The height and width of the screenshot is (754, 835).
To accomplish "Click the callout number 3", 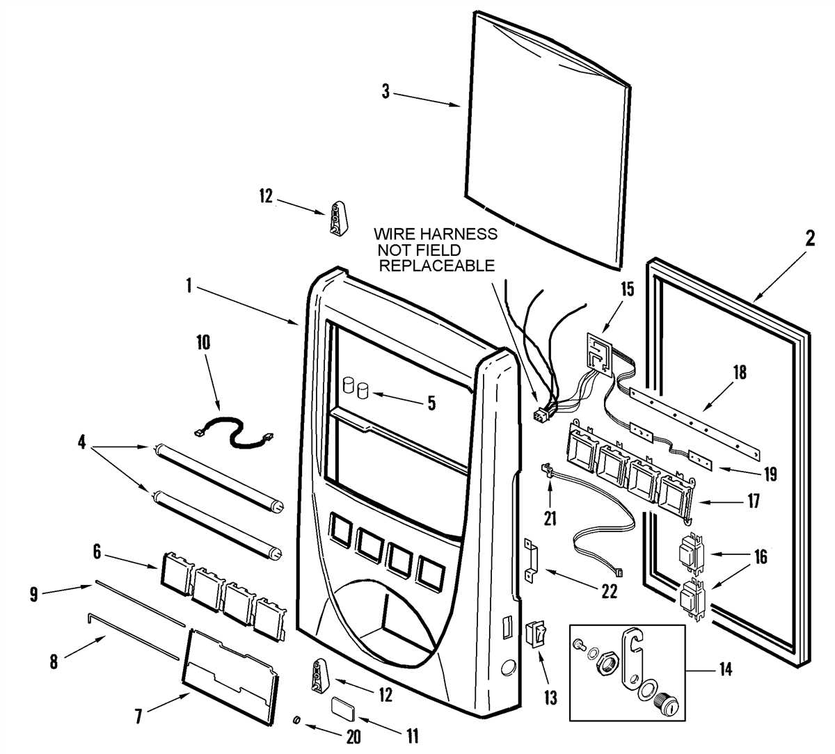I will tap(385, 91).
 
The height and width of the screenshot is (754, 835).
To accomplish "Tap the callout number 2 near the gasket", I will tap(809, 238).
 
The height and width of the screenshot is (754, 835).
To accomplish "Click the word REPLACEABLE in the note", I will tap(436, 266).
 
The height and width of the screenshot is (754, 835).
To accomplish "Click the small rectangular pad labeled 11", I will tap(344, 707).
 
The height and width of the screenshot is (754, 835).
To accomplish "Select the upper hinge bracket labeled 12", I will tap(337, 218).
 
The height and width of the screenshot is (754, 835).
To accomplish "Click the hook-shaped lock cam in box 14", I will tap(633, 659).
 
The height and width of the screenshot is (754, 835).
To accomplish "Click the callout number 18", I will tap(739, 372).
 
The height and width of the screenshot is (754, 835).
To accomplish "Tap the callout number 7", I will tap(138, 716).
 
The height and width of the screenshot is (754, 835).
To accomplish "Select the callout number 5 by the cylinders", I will tap(431, 402).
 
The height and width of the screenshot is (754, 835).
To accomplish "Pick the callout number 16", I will tap(760, 556).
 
